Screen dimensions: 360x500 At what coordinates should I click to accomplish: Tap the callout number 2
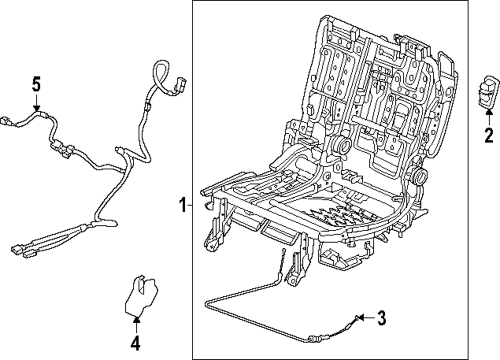coord(488,134)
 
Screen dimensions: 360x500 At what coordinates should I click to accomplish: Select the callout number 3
coord(381,316)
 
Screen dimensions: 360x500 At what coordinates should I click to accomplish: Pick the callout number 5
coord(36,84)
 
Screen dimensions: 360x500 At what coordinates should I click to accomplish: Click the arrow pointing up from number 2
coord(488,116)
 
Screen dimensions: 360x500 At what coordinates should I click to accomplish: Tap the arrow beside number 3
coord(366,316)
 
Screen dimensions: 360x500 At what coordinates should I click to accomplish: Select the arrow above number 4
coord(136,324)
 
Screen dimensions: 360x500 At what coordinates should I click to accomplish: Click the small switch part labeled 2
coord(488,92)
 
